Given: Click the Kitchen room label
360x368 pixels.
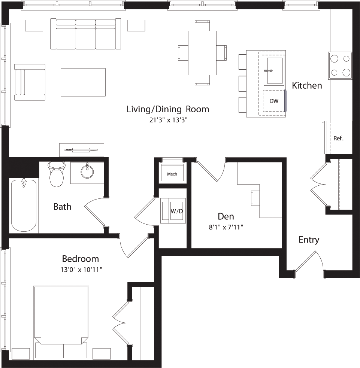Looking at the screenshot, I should (307, 85).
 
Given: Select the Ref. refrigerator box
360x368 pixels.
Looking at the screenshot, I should (338, 138).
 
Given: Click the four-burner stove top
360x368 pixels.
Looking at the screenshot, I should (340, 66).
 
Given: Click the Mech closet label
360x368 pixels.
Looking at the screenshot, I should (172, 174).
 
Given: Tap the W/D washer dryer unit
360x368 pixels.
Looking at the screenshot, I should (173, 211).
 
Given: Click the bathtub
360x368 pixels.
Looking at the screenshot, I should (24, 206).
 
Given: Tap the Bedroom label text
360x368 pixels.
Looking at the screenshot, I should (80, 259).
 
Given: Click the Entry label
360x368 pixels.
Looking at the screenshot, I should (309, 240).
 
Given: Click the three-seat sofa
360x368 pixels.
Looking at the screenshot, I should (86, 34).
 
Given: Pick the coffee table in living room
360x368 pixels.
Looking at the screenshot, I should (83, 82).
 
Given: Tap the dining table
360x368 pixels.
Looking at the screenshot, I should (202, 53).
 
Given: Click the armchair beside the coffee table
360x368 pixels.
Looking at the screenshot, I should (30, 82).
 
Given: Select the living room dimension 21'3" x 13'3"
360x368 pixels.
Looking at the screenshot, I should (167, 120).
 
